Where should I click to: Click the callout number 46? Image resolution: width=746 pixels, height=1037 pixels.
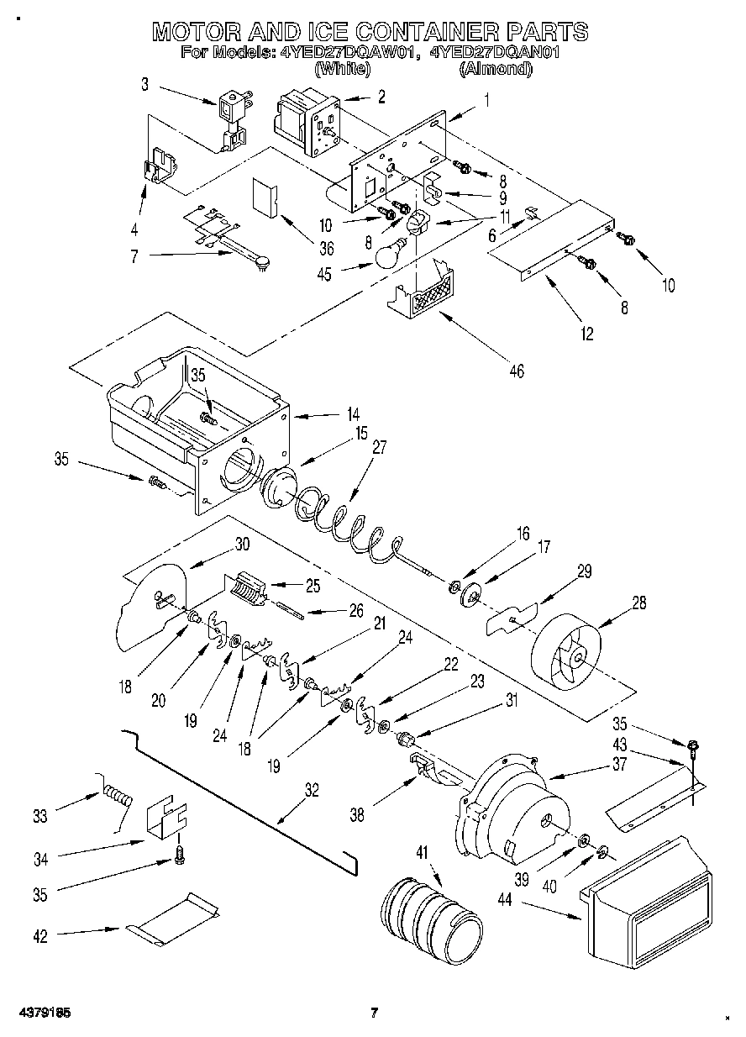(516, 371)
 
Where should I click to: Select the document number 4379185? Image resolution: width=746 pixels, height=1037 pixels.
(41, 1013)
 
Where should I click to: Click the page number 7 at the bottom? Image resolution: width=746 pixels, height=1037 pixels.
(376, 1013)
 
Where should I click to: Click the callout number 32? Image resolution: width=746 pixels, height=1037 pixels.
(312, 790)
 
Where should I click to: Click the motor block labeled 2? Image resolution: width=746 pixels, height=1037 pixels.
(304, 123)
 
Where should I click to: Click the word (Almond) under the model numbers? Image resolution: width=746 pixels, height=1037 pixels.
(496, 71)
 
